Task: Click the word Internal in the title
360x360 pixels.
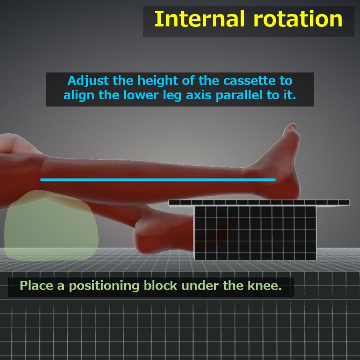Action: click(x=199, y=19)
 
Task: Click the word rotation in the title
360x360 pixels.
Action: click(x=298, y=20)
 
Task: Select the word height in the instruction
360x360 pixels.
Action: click(x=158, y=81)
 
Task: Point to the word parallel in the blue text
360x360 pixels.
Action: click(x=239, y=95)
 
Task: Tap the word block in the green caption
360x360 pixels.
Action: click(x=160, y=286)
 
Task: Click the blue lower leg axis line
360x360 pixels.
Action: click(x=158, y=180)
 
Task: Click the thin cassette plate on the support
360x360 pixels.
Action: click(x=259, y=203)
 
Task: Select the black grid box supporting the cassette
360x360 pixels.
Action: click(x=255, y=233)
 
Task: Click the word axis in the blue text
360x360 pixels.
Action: click(x=198, y=95)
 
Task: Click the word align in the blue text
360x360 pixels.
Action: click(x=79, y=96)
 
